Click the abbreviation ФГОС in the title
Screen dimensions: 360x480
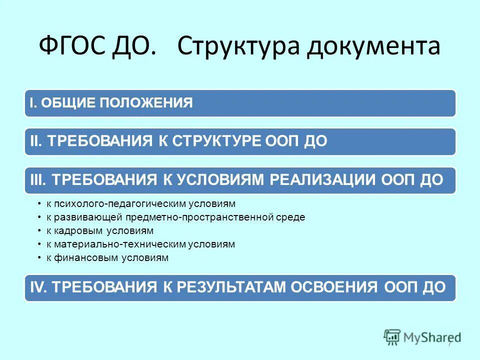[x=72, y=46]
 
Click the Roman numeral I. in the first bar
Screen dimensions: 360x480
[x=33, y=103]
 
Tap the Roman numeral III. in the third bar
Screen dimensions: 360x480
[x=37, y=180]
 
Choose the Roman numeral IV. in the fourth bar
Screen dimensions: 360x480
[x=38, y=287]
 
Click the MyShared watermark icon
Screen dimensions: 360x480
[x=392, y=337]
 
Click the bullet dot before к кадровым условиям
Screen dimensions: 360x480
[x=39, y=231]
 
